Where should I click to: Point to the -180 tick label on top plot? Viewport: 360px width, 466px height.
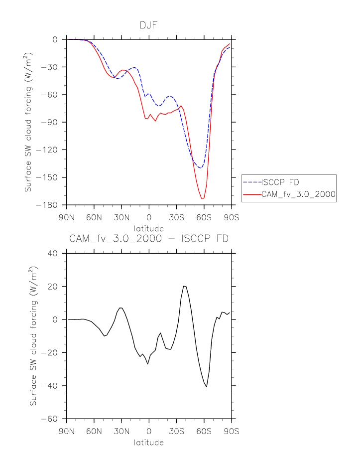49,205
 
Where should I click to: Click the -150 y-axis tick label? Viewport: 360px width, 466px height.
49,178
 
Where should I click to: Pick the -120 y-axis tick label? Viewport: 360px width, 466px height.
49,150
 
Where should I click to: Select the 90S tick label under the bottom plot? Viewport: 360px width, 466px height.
232,431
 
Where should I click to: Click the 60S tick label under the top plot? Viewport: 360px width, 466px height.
204,217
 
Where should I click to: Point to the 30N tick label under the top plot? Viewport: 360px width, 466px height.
121,217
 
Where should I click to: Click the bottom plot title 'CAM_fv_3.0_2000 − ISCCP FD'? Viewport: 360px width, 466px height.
149,239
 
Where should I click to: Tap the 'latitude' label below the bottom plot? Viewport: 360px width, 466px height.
149,442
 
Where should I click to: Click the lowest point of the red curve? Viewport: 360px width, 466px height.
202,198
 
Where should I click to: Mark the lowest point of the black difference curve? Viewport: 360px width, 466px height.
206,387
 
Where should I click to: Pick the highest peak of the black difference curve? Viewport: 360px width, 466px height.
184,286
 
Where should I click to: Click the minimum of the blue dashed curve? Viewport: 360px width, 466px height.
200,168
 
